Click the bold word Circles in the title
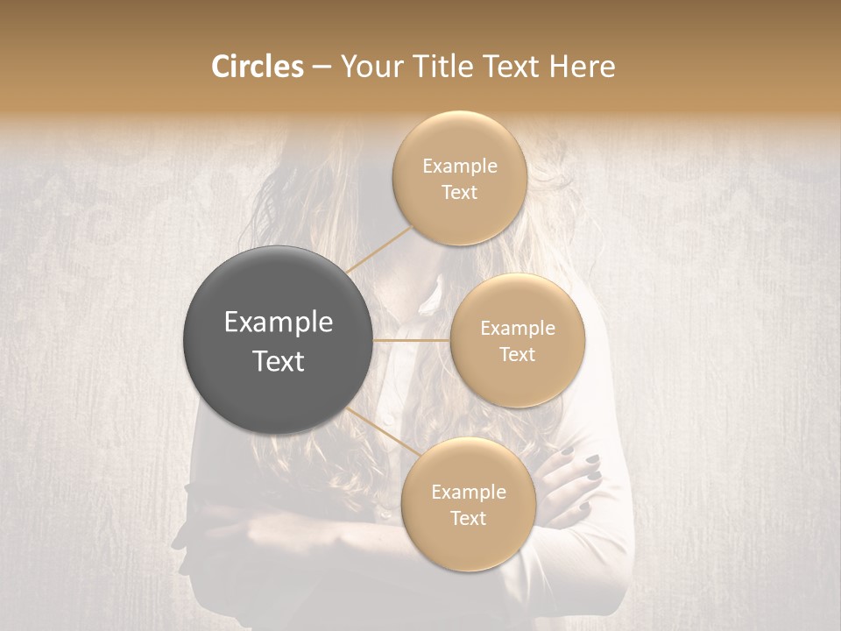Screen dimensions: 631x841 click(x=258, y=67)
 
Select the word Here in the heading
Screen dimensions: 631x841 click(x=582, y=67)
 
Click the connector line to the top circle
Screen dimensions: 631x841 click(x=380, y=247)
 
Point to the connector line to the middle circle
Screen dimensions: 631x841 click(x=411, y=340)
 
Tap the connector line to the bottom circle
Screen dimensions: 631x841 click(x=382, y=431)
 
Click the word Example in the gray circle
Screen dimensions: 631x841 click(x=279, y=323)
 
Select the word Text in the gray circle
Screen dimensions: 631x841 click(x=279, y=361)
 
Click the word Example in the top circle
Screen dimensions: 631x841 click(x=460, y=167)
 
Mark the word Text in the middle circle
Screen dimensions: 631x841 click(x=518, y=354)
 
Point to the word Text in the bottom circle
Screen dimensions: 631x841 click(x=468, y=518)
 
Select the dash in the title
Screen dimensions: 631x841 click(x=322, y=67)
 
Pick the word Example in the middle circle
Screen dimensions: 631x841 click(x=518, y=329)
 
